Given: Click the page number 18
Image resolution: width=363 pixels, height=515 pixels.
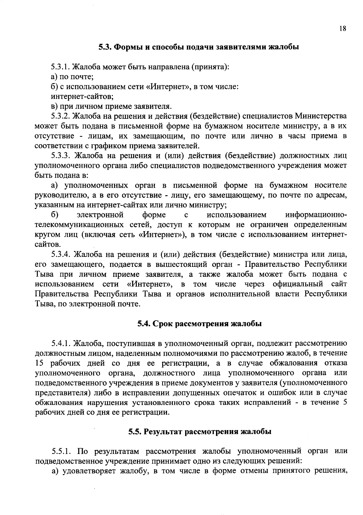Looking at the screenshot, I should point(342,29).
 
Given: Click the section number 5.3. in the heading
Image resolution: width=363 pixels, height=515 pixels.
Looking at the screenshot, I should point(106,47).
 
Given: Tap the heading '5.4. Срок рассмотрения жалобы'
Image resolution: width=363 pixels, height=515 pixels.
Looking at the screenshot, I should point(199,324).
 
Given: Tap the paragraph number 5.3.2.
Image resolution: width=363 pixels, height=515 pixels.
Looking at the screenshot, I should point(61,116).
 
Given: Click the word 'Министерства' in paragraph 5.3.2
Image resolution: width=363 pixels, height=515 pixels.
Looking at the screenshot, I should point(321,116).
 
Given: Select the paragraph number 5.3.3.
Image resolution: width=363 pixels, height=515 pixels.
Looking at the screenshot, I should point(61,156).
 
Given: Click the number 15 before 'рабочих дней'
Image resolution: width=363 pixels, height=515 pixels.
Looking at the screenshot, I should point(40,363).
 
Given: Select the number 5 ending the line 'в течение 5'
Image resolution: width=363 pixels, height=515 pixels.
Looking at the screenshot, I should point(345,403).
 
